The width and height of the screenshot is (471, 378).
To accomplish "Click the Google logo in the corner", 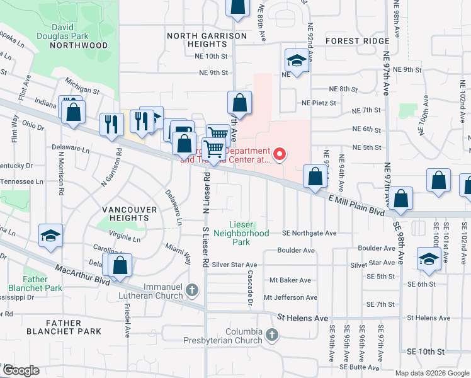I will tap(21, 370).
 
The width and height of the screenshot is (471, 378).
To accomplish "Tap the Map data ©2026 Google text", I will tap(431, 373).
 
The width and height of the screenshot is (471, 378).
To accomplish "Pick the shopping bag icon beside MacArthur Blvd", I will tap(120, 265).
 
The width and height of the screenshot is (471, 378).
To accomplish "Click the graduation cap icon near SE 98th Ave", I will tap(429, 259).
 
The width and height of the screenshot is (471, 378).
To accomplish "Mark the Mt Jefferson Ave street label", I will tap(290, 297).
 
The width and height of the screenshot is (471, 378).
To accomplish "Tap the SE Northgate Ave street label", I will tap(309, 232).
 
